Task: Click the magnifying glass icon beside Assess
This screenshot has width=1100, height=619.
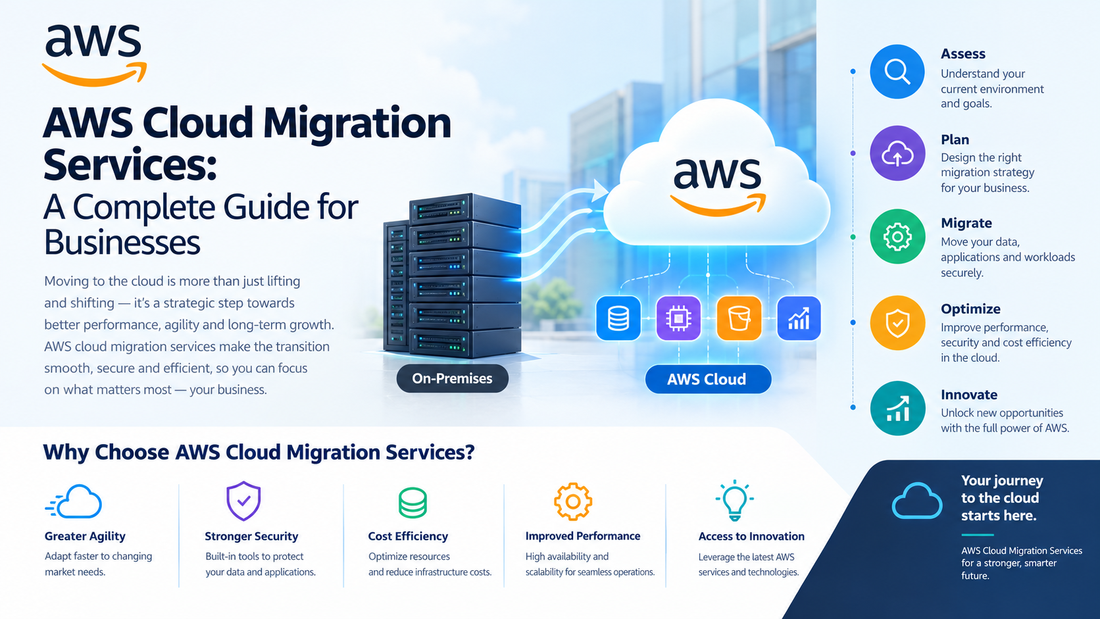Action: [x=897, y=72]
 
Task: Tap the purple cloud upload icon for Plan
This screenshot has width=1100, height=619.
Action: [x=897, y=153]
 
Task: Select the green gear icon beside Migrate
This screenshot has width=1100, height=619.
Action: [x=897, y=237]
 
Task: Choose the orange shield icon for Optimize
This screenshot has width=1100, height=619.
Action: [x=897, y=323]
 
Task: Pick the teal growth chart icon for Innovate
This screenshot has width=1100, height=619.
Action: [x=897, y=409]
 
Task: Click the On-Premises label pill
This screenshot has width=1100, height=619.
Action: [x=452, y=378]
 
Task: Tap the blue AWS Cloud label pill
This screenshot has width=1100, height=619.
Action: [x=708, y=379]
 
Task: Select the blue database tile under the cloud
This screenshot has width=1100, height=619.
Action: [x=618, y=318]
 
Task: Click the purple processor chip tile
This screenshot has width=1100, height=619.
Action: [x=679, y=318]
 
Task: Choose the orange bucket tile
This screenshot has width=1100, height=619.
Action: [x=739, y=318]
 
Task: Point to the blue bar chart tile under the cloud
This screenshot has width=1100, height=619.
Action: [x=799, y=318]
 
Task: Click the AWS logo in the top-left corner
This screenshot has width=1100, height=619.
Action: [x=94, y=55]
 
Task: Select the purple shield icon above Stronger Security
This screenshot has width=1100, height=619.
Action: [x=243, y=501]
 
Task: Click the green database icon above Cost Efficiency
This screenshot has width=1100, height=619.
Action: [x=413, y=503]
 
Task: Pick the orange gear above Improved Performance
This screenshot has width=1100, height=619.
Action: [x=573, y=502]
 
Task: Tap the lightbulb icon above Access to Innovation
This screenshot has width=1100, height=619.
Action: [x=735, y=500]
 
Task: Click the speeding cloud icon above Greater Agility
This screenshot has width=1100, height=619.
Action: [x=74, y=502]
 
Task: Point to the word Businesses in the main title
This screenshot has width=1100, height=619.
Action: [x=122, y=242]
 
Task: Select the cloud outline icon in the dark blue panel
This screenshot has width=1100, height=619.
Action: [x=917, y=501]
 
